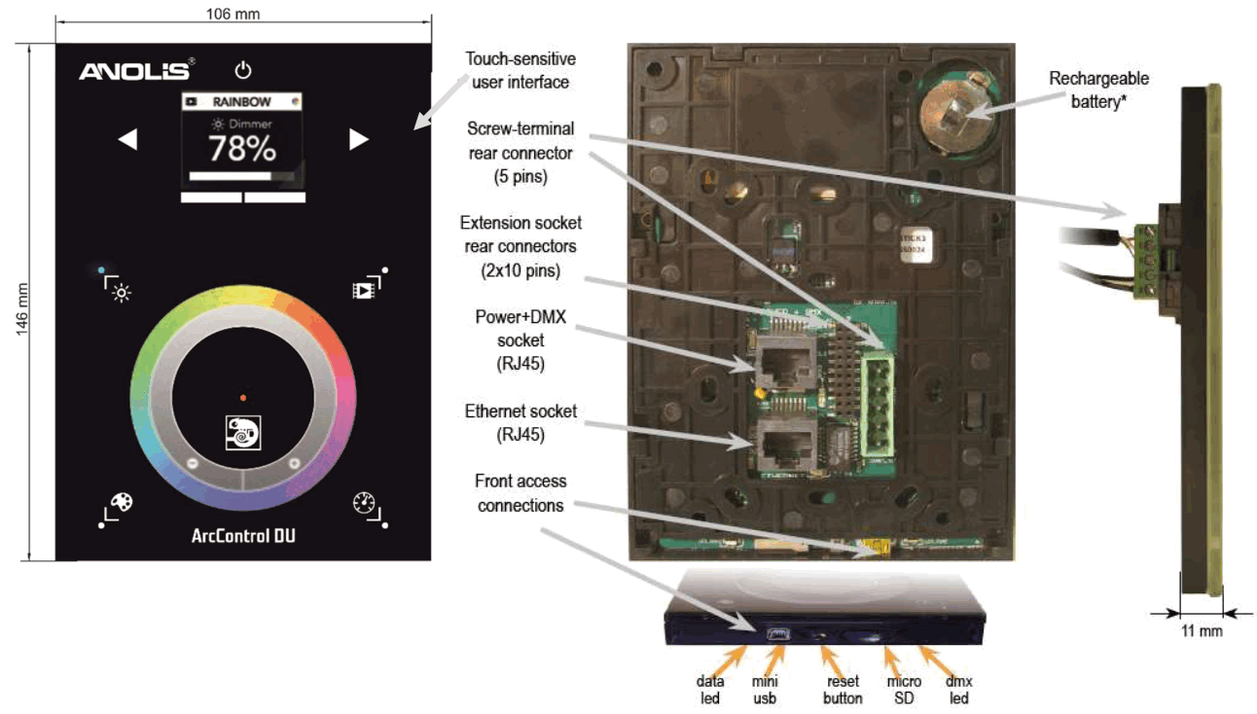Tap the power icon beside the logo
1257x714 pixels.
coord(243,70)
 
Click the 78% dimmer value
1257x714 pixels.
coord(242,150)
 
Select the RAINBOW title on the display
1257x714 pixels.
coord(242,101)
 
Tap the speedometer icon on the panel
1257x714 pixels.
coord(364,503)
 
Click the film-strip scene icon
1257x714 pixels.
coord(364,290)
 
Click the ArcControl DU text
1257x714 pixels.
coord(242,536)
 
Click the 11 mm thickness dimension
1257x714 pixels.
coord(1196,631)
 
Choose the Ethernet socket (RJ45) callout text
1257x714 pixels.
coord(521,422)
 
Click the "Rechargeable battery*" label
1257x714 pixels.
coord(1098,88)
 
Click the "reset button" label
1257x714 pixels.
coord(844,690)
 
